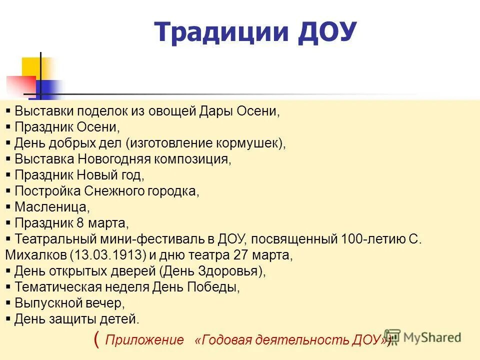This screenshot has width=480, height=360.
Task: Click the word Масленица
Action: (52, 206)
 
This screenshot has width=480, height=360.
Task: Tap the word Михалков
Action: (36, 254)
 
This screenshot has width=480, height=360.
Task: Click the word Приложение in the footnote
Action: (145, 340)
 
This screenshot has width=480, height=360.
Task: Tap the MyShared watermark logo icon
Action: (392, 337)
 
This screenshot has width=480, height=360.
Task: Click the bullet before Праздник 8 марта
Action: (8, 222)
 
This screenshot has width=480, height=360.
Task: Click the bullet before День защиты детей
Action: (8, 318)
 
